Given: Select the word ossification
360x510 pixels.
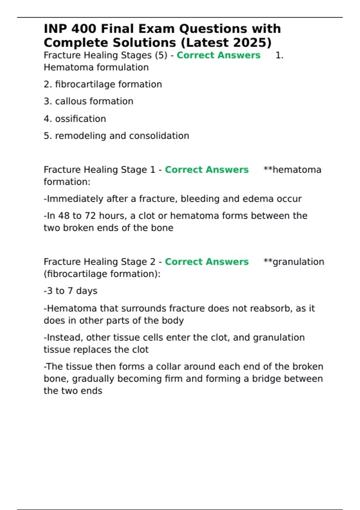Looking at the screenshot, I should pyautogui.click(x=80, y=119).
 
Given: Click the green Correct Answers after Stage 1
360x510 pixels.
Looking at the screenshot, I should pyautogui.click(x=207, y=170).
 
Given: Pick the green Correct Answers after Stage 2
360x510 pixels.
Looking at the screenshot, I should pyautogui.click(x=207, y=262).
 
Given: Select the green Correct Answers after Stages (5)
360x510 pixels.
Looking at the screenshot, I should pyautogui.click(x=218, y=55).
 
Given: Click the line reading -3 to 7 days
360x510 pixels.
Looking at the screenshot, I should pyautogui.click(x=70, y=291).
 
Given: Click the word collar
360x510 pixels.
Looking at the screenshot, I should pyautogui.click(x=169, y=367).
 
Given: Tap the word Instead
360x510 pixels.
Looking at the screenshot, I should pyautogui.click(x=64, y=338).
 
